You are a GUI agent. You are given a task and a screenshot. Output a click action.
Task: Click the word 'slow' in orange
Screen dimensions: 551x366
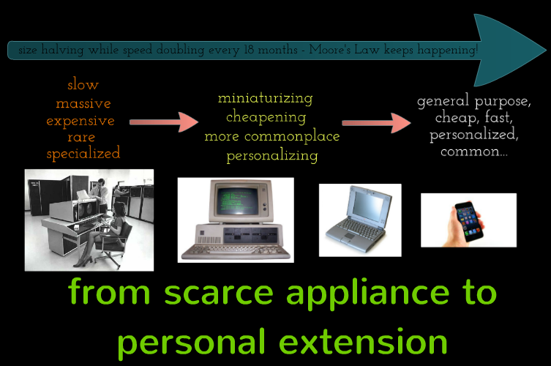click(83, 85)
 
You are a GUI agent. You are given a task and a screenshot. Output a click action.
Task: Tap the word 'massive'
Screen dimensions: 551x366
click(83, 103)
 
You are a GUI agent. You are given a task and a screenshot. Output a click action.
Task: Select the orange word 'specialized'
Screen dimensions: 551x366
click(83, 153)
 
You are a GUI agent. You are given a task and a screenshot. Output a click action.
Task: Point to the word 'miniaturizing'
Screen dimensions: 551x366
click(266, 98)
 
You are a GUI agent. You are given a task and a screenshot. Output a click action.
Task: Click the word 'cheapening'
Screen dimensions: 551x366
click(266, 116)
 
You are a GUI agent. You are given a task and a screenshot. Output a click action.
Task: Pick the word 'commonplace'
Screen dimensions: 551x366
click(292, 136)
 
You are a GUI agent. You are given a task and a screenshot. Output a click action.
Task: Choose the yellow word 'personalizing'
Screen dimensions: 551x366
click(272, 155)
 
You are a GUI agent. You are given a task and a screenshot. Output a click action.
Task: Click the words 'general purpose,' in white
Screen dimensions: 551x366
click(474, 101)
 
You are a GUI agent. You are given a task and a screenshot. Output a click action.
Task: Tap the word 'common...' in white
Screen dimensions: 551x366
click(474, 152)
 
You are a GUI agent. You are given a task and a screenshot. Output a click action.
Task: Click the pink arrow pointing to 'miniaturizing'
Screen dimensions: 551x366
click(164, 122)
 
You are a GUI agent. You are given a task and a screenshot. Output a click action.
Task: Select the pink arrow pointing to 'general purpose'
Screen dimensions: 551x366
click(376, 123)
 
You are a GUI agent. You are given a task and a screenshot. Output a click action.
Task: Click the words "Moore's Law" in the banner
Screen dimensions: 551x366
click(344, 50)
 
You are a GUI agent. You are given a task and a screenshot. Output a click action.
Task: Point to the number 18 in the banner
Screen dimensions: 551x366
click(249, 50)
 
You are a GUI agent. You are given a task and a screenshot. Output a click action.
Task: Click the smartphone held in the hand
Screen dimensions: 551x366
click(469, 221)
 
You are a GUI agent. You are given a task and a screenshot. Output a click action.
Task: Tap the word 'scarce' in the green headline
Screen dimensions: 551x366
click(219, 293)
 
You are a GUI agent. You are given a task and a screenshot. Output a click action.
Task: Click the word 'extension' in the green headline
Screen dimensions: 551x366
click(363, 342)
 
